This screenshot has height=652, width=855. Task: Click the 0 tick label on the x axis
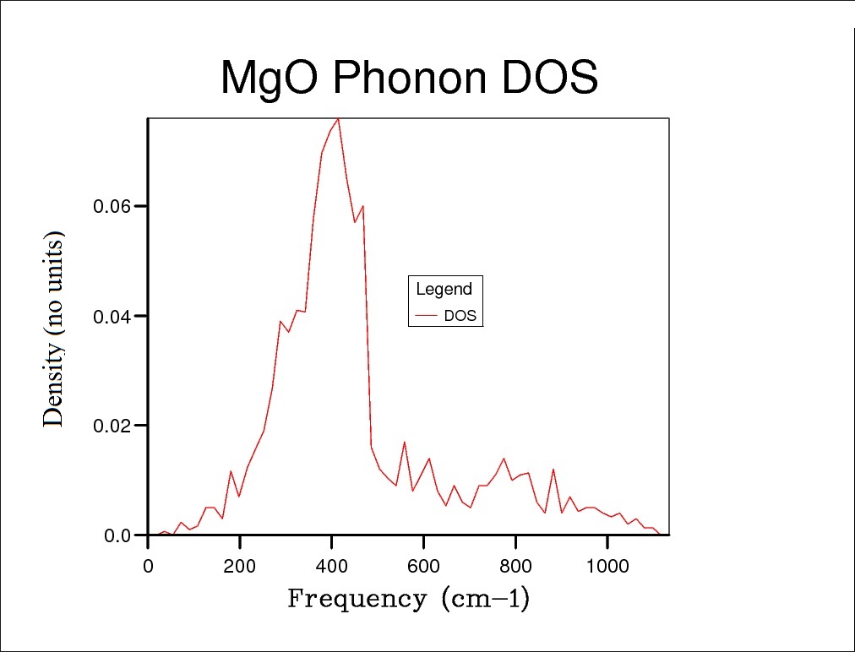click(149, 565)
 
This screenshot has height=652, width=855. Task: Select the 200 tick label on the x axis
click(240, 565)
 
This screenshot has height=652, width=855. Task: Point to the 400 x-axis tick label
click(332, 565)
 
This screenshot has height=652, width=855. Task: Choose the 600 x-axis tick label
click(423, 565)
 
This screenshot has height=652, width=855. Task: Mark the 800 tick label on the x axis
click(515, 565)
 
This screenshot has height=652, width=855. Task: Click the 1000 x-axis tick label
click(607, 565)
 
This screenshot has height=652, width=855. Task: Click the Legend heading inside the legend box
click(444, 290)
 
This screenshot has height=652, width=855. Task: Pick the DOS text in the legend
click(460, 317)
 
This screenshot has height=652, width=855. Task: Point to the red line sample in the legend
click(427, 317)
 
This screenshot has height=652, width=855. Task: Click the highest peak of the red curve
click(339, 118)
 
